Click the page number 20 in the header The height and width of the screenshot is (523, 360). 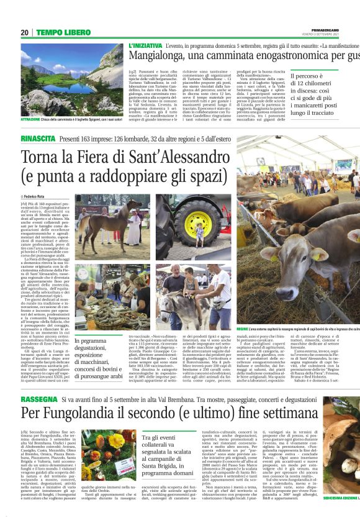click(x=24, y=32)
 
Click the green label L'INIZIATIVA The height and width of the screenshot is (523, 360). click(x=145, y=46)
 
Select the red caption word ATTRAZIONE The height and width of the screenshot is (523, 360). click(x=35, y=119)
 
